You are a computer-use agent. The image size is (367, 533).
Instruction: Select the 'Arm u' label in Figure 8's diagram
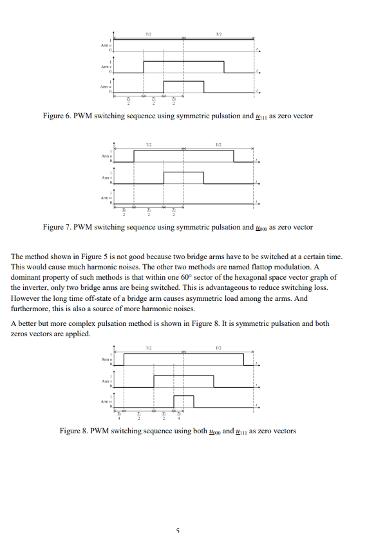pos(105,359)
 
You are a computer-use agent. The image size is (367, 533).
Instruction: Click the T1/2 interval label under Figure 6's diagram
pos(128,100)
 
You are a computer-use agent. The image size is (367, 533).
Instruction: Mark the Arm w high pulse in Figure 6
pos(183,86)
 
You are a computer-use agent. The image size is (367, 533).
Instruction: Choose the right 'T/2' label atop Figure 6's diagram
pos(220,33)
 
